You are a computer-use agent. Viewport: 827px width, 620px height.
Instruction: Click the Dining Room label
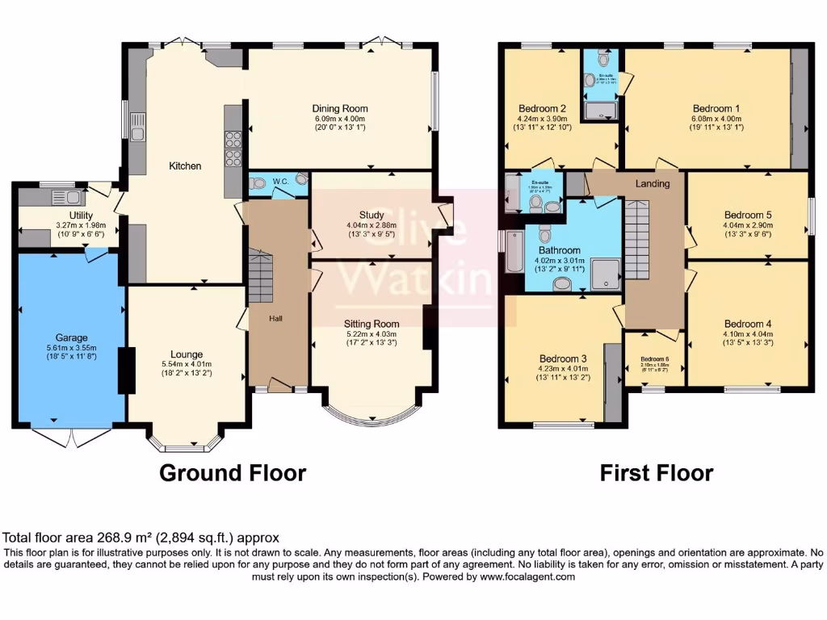(340, 108)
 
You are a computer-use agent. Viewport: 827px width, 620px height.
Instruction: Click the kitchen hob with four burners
(233, 147)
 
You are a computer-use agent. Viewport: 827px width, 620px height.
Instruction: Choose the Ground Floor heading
(233, 472)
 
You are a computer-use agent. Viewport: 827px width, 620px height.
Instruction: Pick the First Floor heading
(656, 472)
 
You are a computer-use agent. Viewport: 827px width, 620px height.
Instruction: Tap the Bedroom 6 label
(655, 359)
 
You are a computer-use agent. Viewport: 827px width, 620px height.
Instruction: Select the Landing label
(653, 183)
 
